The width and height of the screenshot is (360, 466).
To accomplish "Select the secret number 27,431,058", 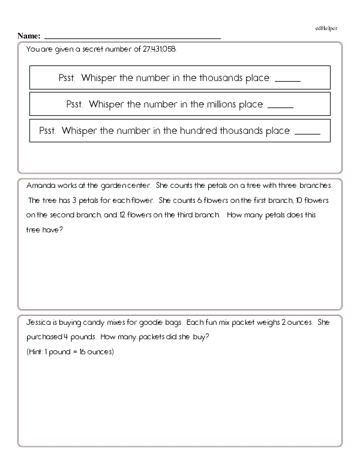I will (x=160, y=50).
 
